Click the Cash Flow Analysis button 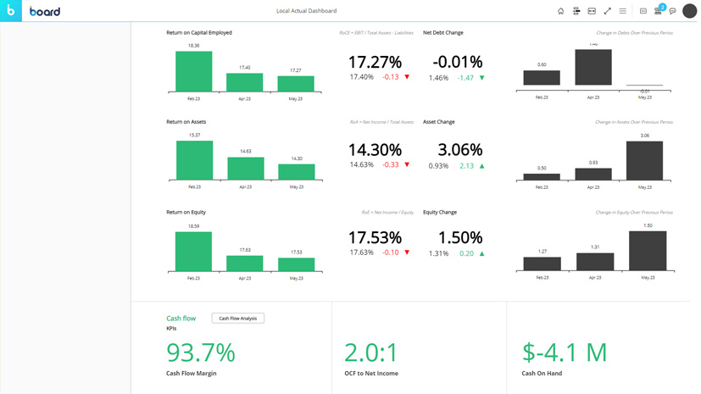click(237, 319)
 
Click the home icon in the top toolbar click(560, 11)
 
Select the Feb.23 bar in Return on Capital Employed click(193, 72)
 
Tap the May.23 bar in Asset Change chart click(644, 160)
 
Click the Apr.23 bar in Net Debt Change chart click(593, 68)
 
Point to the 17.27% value click(375, 62)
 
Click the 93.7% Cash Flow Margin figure click(201, 352)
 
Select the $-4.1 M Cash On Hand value click(565, 352)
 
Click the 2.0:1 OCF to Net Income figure click(371, 352)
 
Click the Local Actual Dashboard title click(306, 11)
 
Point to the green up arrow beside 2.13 click(482, 166)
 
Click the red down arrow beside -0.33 click(407, 165)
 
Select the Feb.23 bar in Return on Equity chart click(193, 252)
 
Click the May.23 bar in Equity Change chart click(648, 251)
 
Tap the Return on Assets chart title click(186, 122)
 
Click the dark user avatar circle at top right click(689, 11)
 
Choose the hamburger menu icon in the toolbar click(623, 11)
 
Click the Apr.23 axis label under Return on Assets click(245, 186)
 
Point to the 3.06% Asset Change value click(460, 150)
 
